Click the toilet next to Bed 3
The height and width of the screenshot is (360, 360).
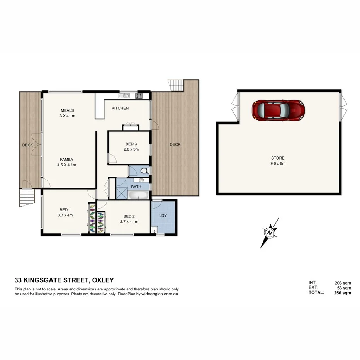coord(143,170)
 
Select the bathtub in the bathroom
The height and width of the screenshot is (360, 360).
coord(138,195)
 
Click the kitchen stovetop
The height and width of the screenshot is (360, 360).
coord(138,95)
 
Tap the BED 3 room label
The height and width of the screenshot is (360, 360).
coord(130,144)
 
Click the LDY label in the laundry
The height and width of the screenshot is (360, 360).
coord(163,216)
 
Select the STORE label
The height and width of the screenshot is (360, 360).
coord(278,158)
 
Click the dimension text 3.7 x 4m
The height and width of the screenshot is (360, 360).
coord(65,215)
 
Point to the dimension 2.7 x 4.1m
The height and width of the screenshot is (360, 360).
coord(130,222)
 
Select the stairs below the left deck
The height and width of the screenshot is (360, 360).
coord(26,198)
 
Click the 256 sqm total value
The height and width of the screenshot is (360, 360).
coord(342,293)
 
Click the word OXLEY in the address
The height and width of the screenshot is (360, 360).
coord(101,280)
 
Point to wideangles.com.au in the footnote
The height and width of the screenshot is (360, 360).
coord(160,294)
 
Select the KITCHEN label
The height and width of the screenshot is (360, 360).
coord(120,108)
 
